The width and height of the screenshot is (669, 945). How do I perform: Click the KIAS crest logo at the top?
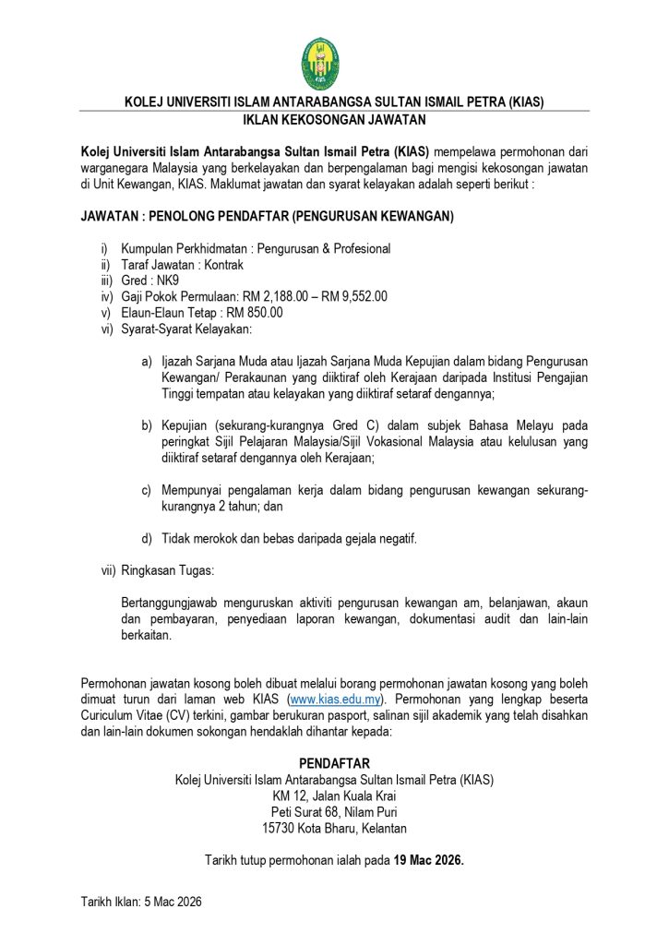pos(320,63)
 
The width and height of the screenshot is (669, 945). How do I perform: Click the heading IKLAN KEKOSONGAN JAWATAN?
pos(334,120)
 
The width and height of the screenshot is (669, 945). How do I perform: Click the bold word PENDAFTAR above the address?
pos(334,763)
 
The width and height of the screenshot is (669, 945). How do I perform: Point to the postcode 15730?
pos(280,828)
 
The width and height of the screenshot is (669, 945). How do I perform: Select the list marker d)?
pos(147,538)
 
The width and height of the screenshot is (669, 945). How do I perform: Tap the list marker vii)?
pos(109,570)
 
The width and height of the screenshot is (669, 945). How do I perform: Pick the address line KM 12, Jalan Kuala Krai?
pos(334,795)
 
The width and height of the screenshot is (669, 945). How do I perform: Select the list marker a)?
pos(147,360)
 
